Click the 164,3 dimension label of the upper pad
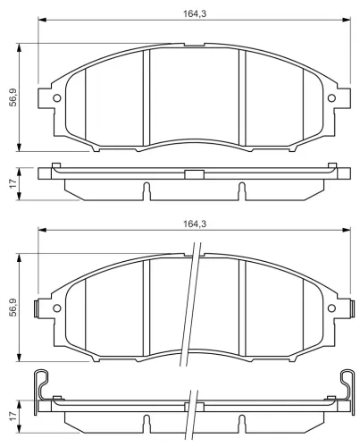[x=195, y=13]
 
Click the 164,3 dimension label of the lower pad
[x=195, y=223]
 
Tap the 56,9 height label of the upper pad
[x=13, y=97]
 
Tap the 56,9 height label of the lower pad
[x=13, y=308]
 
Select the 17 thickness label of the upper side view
[x=13, y=183]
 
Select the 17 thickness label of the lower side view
[x=13, y=417]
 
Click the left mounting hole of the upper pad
[x=57, y=97]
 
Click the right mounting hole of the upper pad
[x=331, y=97]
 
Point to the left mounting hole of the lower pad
[x=57, y=308]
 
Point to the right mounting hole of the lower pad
[x=331, y=308]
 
